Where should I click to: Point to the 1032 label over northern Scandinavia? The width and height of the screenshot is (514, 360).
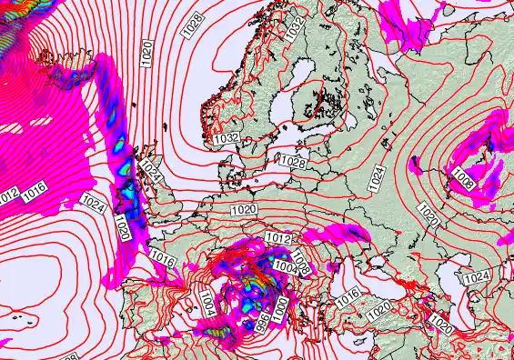[292, 27]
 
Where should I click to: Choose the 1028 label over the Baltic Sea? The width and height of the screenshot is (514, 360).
[292, 162]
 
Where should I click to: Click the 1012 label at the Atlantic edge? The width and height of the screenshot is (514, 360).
[8, 196]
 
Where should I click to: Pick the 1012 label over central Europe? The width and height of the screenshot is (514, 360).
[278, 238]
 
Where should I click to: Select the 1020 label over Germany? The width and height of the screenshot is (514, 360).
[243, 210]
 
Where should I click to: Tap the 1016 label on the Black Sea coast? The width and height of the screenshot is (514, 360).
[348, 296]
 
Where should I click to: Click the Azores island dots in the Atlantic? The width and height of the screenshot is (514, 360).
[20, 318]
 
